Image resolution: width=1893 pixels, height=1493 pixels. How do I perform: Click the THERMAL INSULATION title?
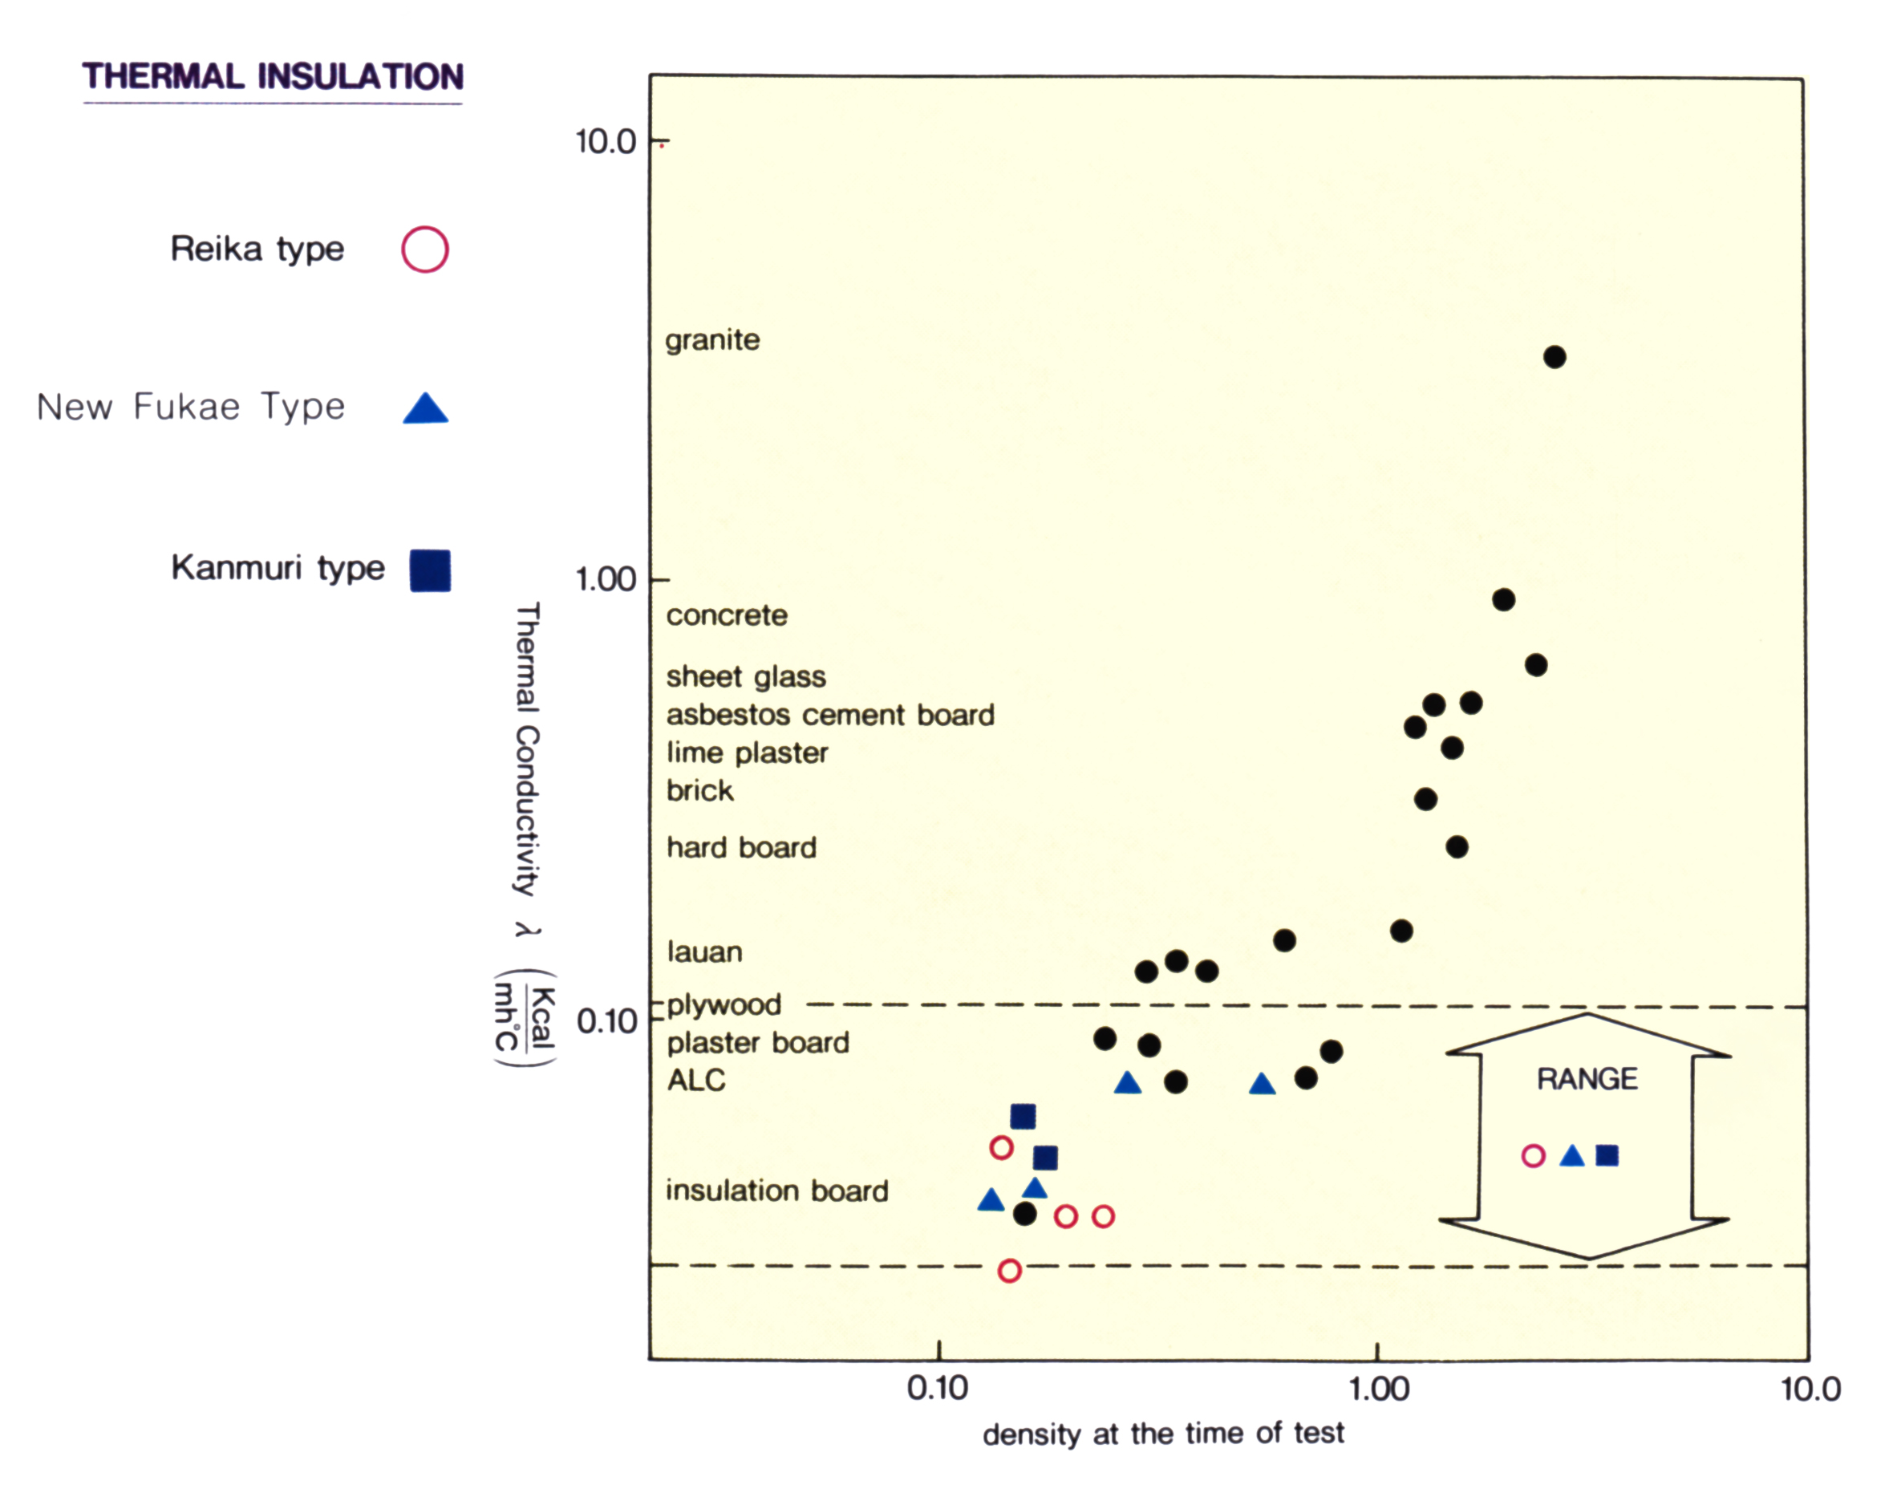[x=273, y=77]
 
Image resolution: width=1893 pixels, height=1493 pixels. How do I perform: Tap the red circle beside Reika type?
[x=425, y=250]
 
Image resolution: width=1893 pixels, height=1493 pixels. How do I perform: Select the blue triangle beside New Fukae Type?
[x=426, y=409]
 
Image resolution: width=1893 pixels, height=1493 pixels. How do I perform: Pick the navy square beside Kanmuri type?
[x=430, y=570]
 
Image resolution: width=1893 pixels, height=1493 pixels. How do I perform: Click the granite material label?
[x=712, y=340]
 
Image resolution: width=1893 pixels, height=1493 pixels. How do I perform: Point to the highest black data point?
[x=1554, y=357]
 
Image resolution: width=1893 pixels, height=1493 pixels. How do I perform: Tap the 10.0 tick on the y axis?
[x=606, y=142]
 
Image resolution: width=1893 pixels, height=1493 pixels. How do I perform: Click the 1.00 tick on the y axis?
[x=606, y=579]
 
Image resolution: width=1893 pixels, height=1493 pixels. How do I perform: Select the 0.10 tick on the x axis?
[x=937, y=1388]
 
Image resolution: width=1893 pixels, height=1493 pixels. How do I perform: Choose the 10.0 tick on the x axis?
[x=1810, y=1388]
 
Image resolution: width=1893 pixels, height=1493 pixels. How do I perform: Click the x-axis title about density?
[x=1162, y=1434]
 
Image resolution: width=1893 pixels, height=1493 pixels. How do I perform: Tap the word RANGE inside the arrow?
[x=1587, y=1079]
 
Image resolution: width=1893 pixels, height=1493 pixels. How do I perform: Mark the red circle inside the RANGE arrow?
[x=1533, y=1155]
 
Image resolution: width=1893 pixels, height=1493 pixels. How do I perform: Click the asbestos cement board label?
[x=830, y=715]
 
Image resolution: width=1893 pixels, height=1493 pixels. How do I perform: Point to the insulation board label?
[x=777, y=1191]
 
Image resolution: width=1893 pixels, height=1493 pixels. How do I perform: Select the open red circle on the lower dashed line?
[x=1009, y=1270]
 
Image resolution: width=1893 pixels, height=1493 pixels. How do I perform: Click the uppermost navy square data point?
[x=1023, y=1116]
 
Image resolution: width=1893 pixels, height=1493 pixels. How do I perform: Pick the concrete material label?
[x=726, y=615]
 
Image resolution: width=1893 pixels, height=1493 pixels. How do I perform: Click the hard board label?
[x=741, y=847]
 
